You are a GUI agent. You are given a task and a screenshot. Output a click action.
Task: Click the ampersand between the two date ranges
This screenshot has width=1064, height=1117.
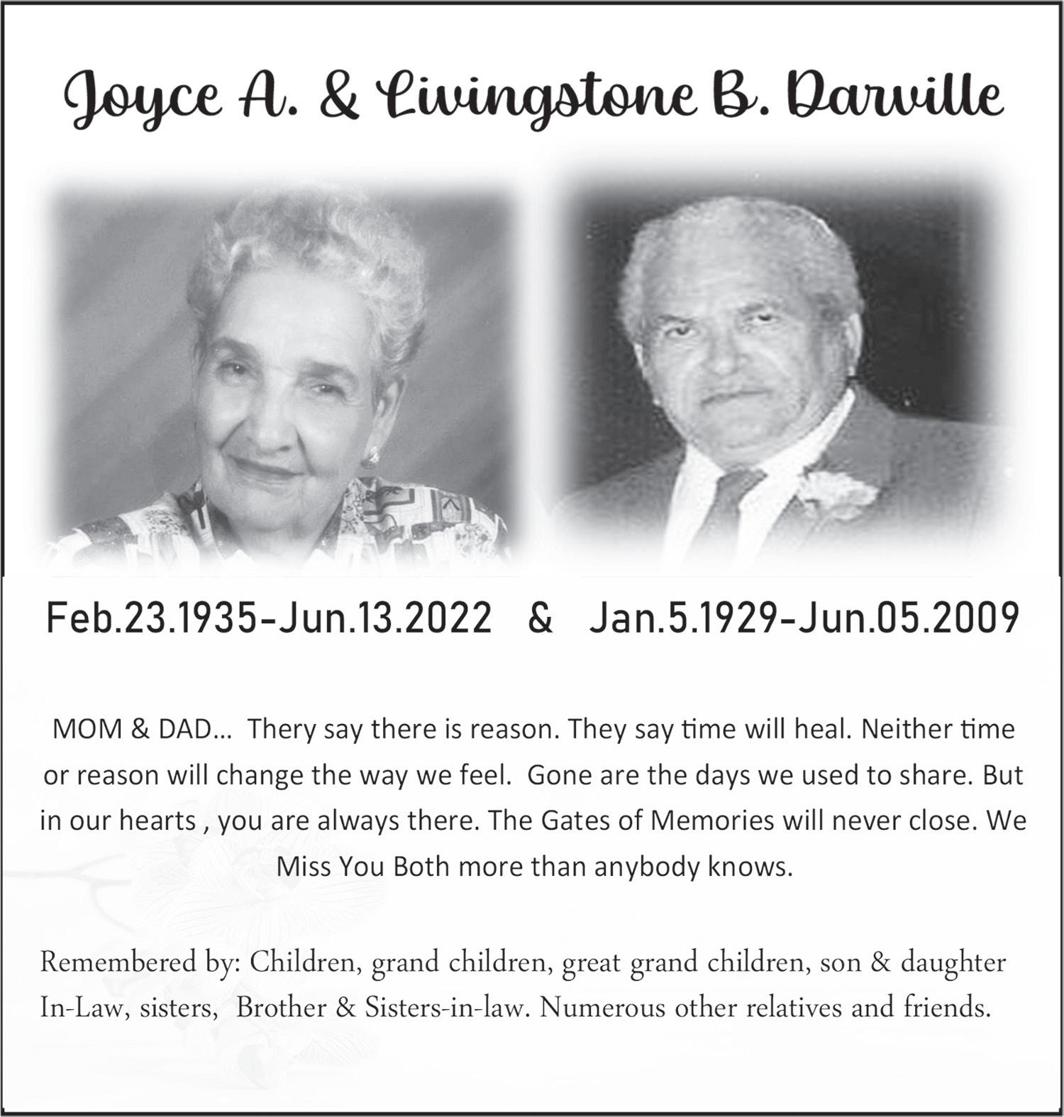pos(541,618)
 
